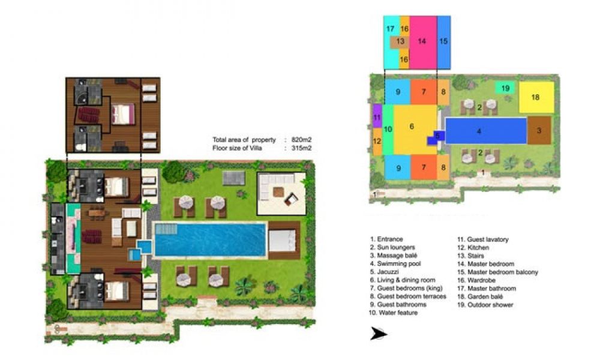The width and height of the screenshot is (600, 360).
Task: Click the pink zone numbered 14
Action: point(423,42)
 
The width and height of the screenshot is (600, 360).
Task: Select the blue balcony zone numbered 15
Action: point(443,42)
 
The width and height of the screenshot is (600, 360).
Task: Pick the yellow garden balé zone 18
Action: point(536,97)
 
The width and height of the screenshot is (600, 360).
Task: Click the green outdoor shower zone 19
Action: point(505,88)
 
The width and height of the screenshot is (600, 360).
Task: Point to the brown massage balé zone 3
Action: point(539,130)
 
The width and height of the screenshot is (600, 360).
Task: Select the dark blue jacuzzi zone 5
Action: point(436,137)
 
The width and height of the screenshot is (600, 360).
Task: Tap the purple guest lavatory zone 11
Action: point(377,116)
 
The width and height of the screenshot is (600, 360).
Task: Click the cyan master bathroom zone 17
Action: point(391,42)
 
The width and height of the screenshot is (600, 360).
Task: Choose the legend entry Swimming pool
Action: point(395,263)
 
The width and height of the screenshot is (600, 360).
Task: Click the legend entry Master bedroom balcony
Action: point(497,272)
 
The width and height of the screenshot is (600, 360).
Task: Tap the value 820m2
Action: point(301,140)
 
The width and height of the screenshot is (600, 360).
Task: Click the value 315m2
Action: point(301,148)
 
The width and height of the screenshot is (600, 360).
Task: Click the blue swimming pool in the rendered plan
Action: point(209,239)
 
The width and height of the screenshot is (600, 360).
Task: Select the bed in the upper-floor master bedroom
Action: point(122,114)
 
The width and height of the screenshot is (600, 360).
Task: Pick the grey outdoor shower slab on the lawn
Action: point(234,178)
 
